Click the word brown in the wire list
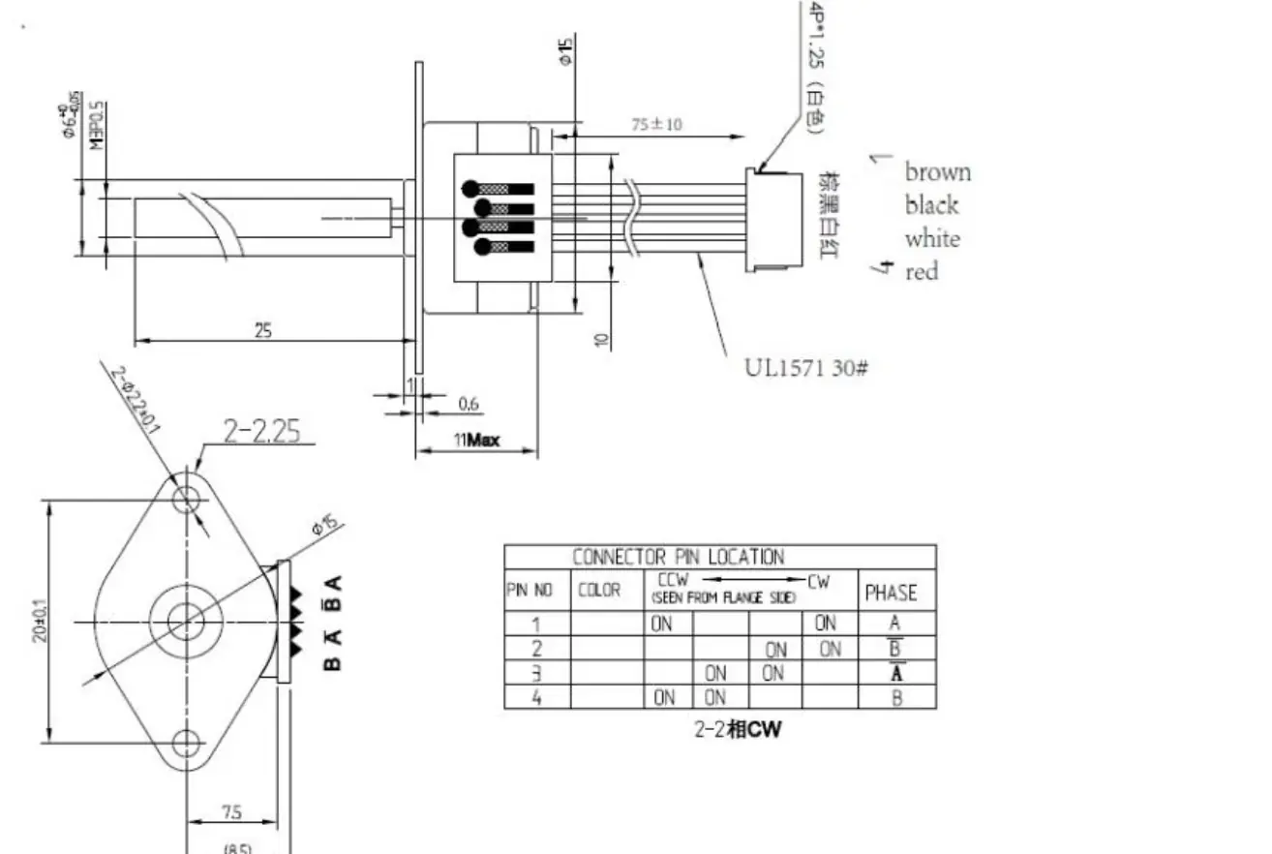point(937,172)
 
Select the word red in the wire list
point(922,272)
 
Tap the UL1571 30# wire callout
point(804,368)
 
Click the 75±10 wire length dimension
point(656,124)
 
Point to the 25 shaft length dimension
point(263,330)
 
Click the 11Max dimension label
point(477,440)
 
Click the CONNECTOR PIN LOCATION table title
point(678,557)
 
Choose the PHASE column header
point(891,592)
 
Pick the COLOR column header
point(599,591)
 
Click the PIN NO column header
point(530,591)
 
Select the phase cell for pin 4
point(896,697)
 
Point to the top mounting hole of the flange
point(186,499)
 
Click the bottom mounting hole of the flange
point(186,743)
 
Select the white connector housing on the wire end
point(773,219)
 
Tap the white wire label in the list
point(933,239)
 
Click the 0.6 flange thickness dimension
point(469,405)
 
